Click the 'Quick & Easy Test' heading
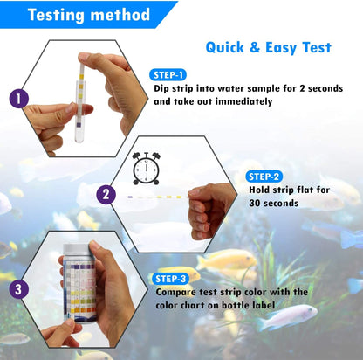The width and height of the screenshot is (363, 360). tap(268, 48)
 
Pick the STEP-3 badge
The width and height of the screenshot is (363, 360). tap(174, 279)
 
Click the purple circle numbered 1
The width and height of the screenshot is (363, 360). tap(17, 99)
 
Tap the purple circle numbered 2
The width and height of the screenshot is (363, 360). tap(106, 195)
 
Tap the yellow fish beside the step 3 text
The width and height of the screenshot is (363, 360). tap(224, 260)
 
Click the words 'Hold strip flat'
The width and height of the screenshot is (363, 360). tap(287, 190)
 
